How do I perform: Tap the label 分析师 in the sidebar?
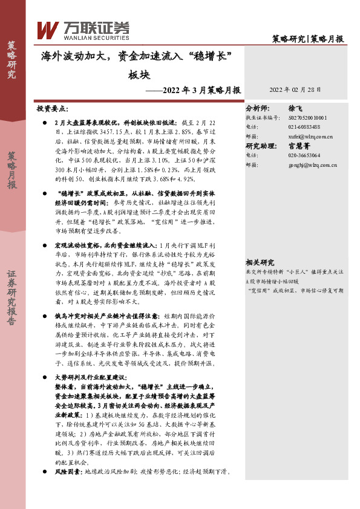point(257,107)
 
